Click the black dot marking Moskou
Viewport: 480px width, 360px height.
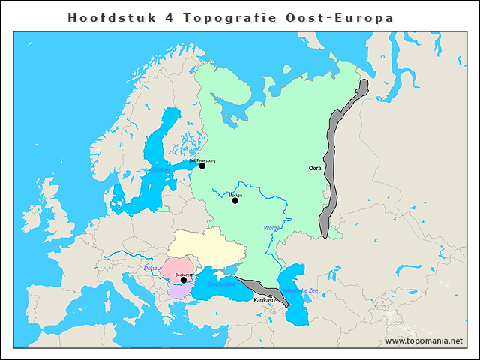[x=235, y=200]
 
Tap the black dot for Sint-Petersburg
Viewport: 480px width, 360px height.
[x=202, y=166]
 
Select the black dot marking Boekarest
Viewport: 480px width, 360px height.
[x=184, y=280]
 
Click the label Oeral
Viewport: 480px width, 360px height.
[x=316, y=169]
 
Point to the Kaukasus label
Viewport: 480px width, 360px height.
[x=266, y=300]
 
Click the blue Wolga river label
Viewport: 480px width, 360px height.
[x=271, y=228]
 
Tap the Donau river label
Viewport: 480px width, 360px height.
[x=151, y=268]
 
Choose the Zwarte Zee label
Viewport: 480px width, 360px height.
[x=221, y=284]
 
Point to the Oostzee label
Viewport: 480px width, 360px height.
[x=160, y=170]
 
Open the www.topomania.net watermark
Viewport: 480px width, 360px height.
[x=423, y=340]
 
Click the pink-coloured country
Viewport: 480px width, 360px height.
[x=180, y=266]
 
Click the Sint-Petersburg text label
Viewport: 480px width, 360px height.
[x=202, y=160]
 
